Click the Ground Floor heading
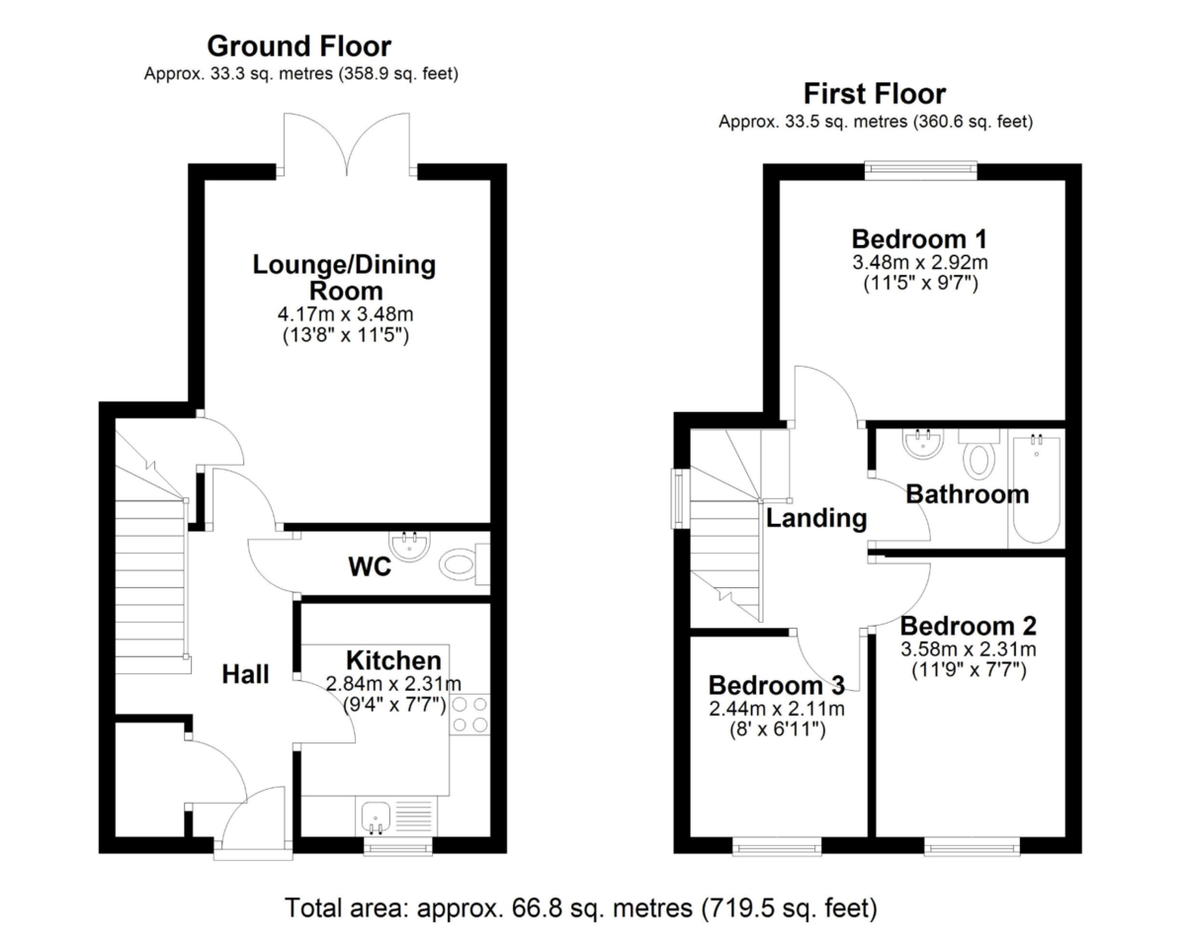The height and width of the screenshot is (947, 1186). (298, 45)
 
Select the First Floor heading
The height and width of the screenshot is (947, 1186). (874, 94)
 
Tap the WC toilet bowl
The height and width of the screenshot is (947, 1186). (460, 565)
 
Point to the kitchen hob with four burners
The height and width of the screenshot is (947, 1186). (469, 715)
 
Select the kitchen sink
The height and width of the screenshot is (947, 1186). (376, 817)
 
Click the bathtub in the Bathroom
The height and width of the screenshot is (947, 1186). (1035, 489)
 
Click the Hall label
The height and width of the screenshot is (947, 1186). (245, 675)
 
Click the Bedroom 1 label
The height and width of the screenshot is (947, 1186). (920, 239)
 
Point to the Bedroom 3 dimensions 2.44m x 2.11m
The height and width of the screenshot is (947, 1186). (776, 709)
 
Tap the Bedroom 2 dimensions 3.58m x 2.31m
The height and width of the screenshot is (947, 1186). (968, 649)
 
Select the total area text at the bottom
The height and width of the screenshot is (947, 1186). (581, 907)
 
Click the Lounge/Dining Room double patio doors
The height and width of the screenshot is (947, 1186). (347, 148)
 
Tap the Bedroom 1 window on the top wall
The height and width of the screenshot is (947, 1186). (920, 171)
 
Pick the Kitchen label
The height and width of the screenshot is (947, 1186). (393, 660)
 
